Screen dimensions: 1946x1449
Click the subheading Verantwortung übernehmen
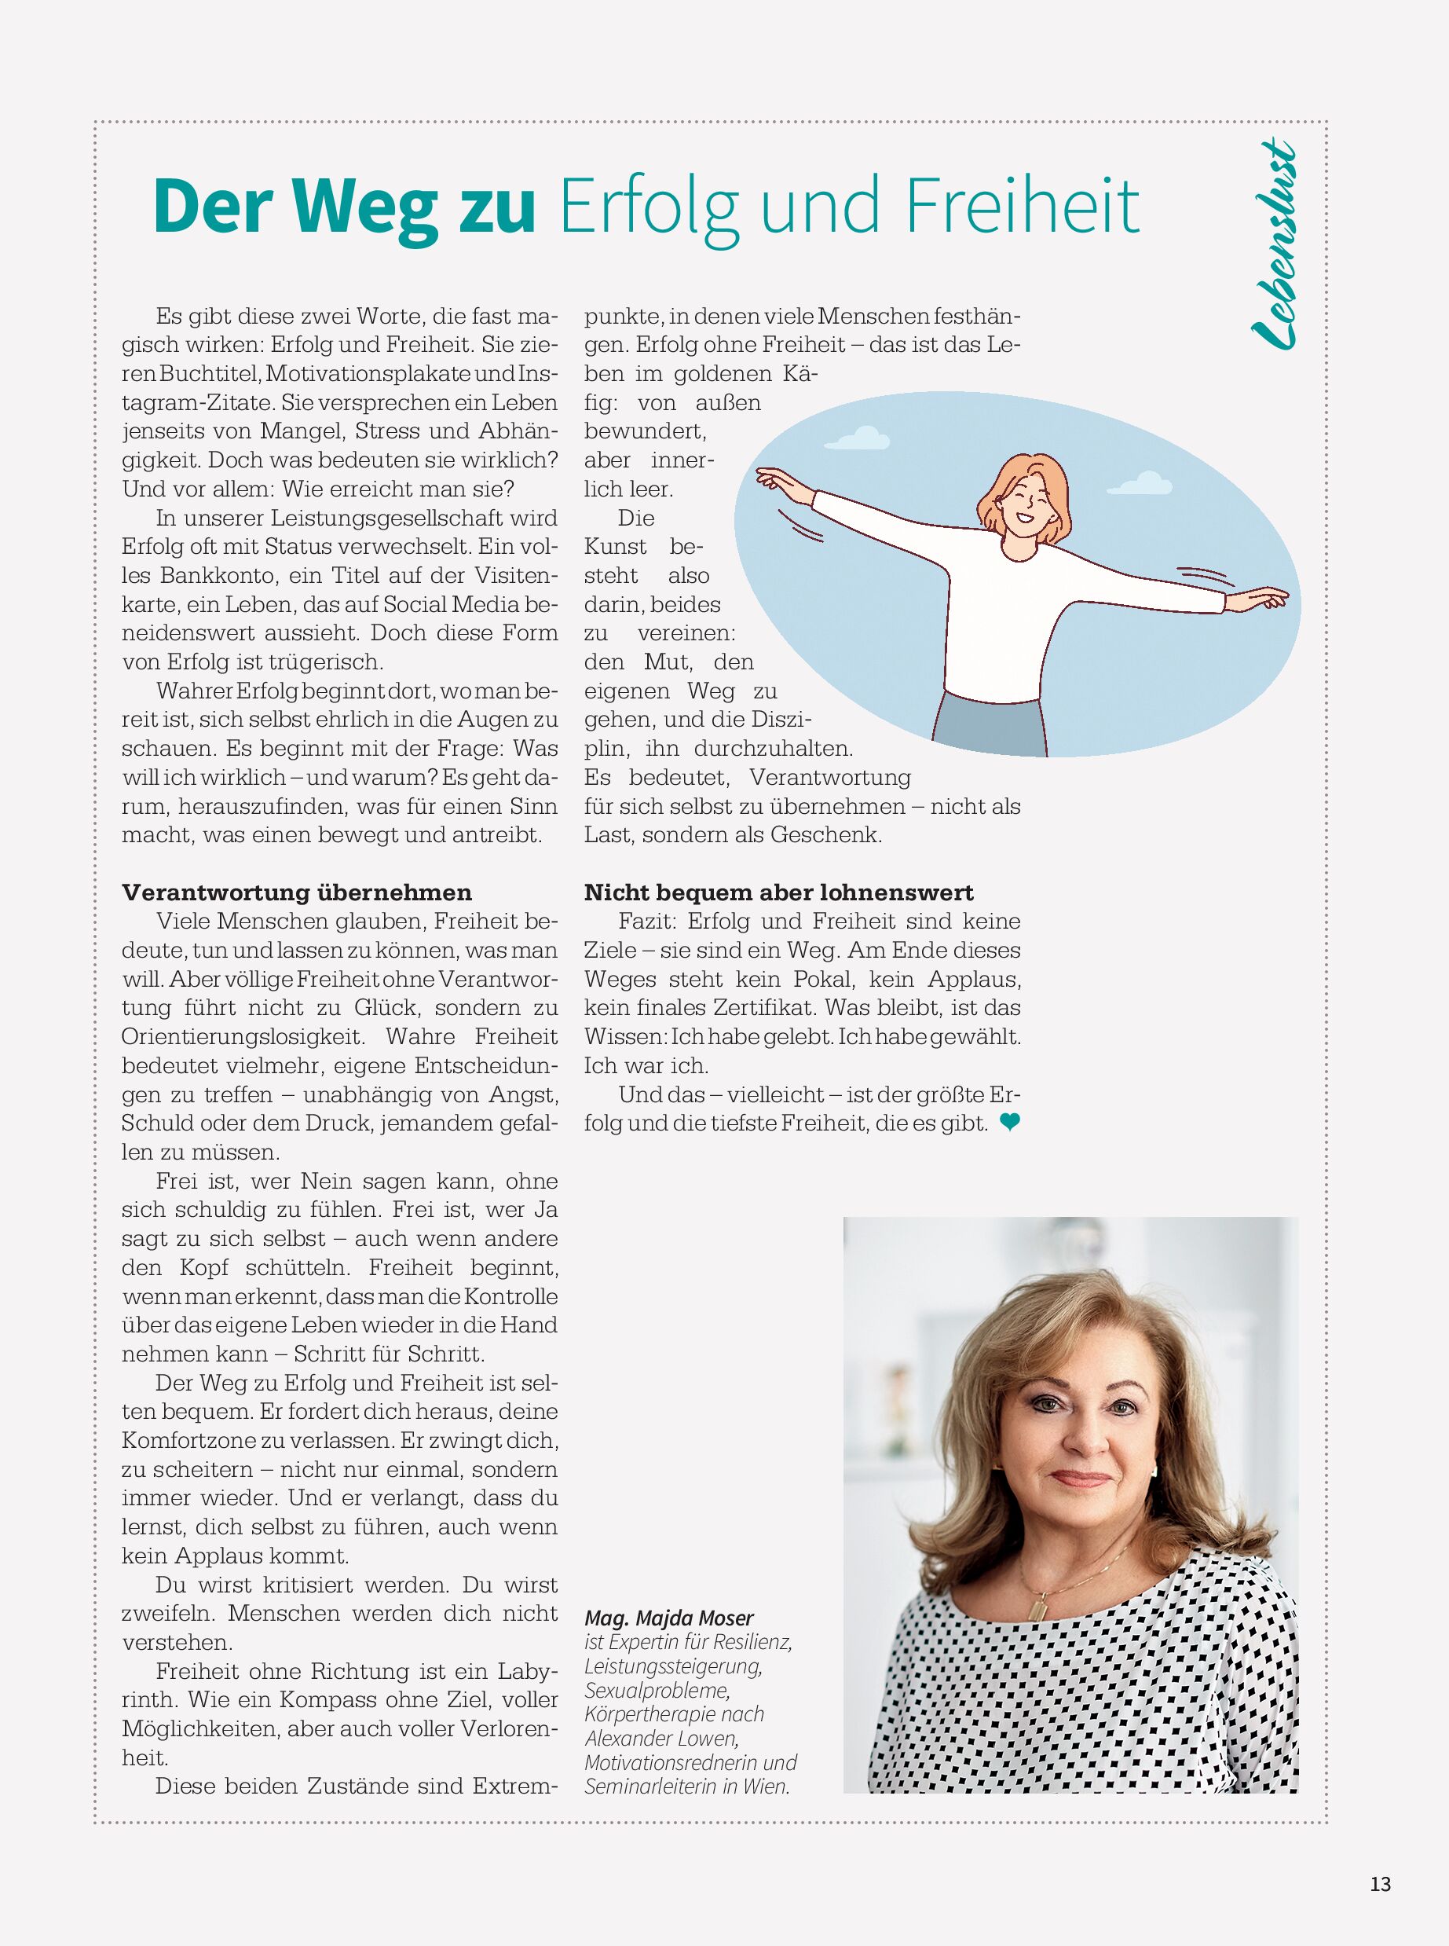pos(296,892)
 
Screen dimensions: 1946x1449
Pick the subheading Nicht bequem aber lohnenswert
pos(779,892)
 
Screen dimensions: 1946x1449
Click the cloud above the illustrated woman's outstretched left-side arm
pos(863,435)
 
